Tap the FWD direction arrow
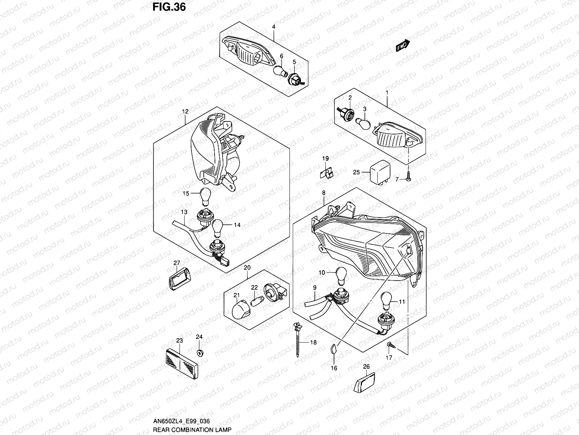pos(403,45)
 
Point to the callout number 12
pos(185,112)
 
